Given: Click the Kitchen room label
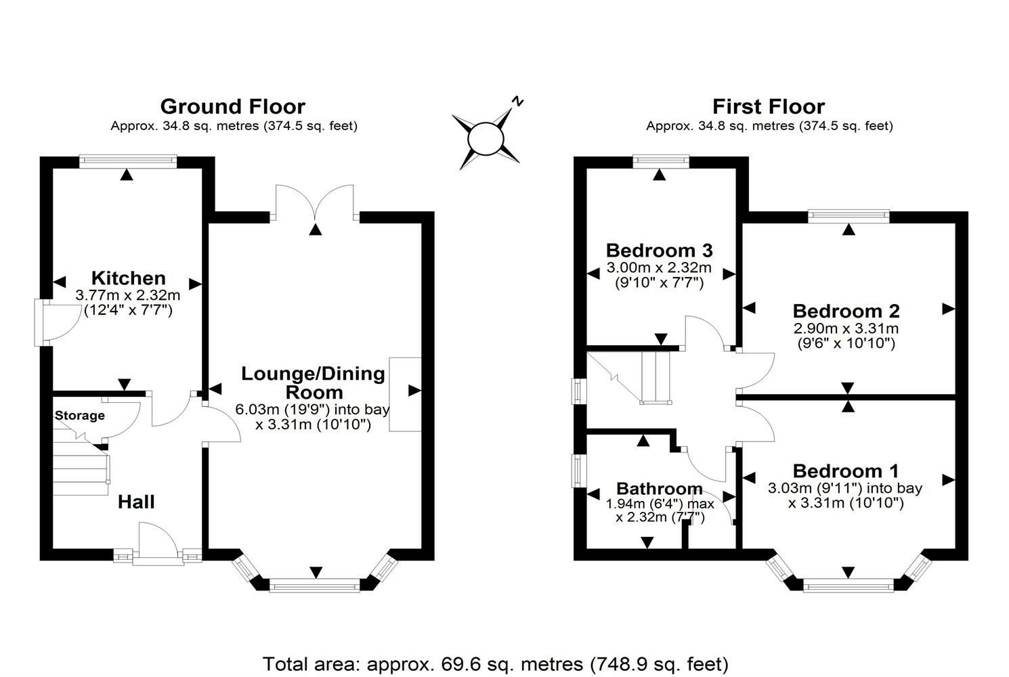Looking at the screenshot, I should pos(128,278).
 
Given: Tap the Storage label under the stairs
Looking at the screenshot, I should pos(80,416).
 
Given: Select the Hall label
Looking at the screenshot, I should pos(136,502).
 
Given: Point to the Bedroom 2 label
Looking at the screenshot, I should pos(846,311).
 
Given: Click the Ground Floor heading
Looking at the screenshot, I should pos(232,106).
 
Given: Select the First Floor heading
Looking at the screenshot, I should pos(769,106).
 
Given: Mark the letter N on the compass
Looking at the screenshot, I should pos(518,102).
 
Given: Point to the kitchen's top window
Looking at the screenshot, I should pos(128,161).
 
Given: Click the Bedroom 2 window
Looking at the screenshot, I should pos(849,216).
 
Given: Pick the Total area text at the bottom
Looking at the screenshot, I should pos(495,663).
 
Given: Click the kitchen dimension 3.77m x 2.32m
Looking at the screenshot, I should pos(128,295).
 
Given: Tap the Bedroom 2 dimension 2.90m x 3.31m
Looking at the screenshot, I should pos(846,328).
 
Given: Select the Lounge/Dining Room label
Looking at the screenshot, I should pos(313,383).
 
